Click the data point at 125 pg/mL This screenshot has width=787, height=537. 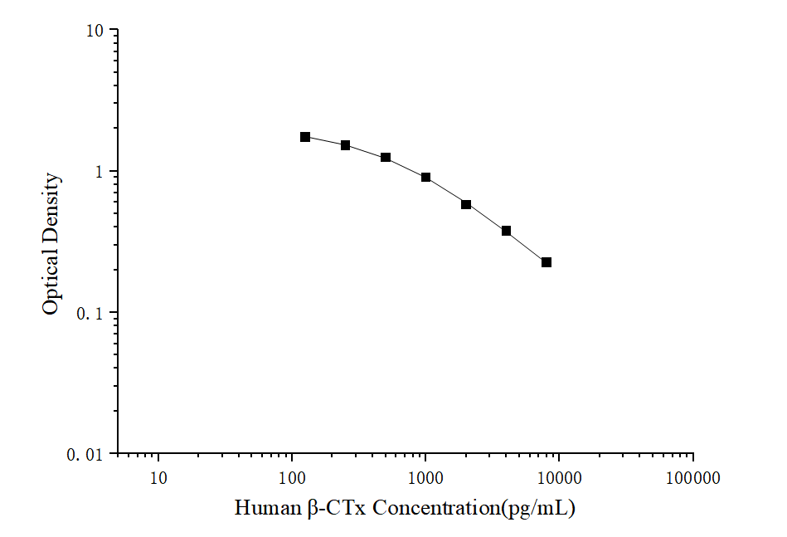305,137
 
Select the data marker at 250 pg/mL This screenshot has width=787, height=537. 345,145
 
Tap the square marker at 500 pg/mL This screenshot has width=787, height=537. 386,158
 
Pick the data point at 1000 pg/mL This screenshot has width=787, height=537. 425,178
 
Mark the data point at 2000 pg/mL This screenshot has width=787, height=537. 466,204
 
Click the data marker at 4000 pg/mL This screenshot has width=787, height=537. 506,231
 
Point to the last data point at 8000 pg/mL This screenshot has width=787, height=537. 547,262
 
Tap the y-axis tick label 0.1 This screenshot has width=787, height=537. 90,314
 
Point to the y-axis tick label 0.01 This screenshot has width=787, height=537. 85,455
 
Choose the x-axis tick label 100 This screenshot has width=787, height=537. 292,478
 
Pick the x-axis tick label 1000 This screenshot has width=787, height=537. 425,478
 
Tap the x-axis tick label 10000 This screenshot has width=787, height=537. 559,478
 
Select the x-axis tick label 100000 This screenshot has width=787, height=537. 692,478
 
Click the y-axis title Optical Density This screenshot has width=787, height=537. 51,243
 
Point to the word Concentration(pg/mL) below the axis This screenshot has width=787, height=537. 473,508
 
